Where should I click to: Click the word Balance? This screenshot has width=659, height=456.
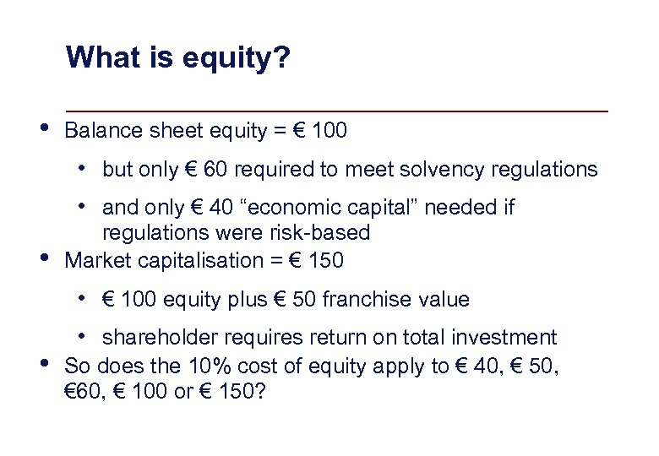pos(102,132)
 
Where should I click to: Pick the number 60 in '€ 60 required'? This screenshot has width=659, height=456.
pos(215,170)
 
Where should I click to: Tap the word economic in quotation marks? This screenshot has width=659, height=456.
pos(286,208)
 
